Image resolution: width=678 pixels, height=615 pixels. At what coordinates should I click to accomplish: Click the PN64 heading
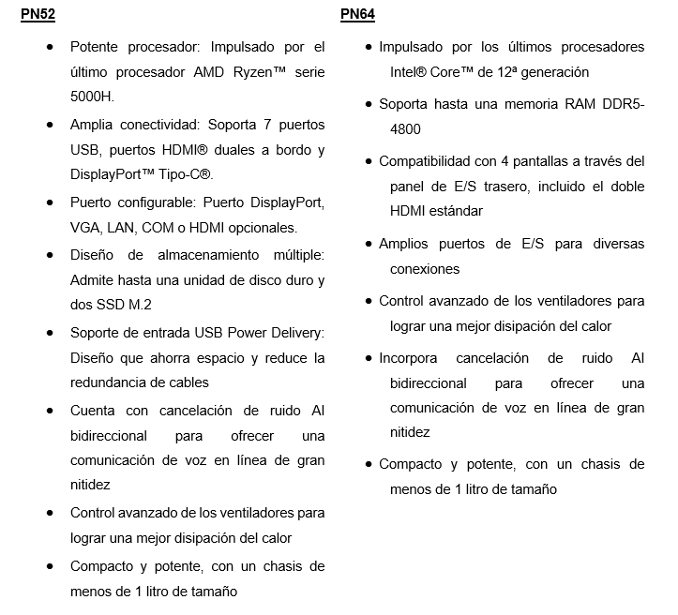358,15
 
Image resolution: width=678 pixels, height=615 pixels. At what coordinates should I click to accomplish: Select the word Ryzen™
257,71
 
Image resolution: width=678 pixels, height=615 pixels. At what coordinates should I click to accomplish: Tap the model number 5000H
92,97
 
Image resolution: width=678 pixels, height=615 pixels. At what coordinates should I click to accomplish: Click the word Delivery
296,333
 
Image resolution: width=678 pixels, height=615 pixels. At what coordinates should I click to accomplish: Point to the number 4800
406,129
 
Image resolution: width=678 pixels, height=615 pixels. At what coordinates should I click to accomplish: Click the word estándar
455,211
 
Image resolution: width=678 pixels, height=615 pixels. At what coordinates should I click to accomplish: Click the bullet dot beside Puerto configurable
49,203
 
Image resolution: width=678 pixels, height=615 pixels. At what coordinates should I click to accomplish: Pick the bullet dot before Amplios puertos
369,245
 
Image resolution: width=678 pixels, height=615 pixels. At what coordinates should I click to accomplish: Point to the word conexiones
425,269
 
